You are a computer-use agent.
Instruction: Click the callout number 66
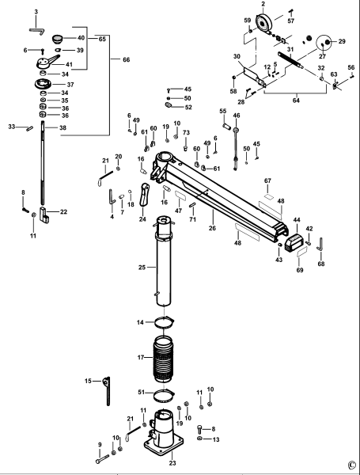(x=126, y=59)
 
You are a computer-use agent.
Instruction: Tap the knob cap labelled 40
(x=57, y=37)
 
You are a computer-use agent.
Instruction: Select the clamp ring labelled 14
(x=162, y=322)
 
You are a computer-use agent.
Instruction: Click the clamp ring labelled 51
(x=162, y=394)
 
